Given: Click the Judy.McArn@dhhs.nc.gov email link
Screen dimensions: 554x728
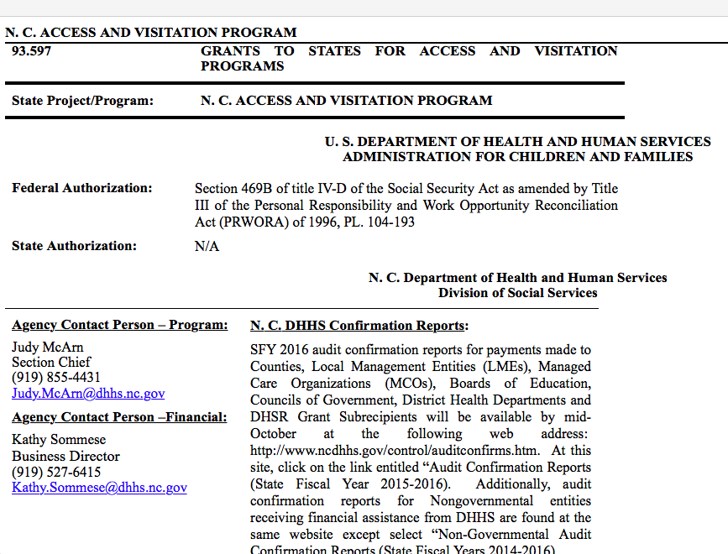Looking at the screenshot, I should click(x=88, y=393).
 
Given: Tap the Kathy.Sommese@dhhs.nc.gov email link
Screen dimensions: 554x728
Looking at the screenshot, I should click(x=99, y=487).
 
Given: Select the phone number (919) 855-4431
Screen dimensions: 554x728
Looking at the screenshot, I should click(x=56, y=378).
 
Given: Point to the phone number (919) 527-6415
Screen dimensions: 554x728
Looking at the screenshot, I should click(x=56, y=472).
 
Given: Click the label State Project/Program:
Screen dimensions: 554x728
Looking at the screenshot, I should click(x=82, y=101).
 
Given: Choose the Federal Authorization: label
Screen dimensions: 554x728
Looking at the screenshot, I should click(x=82, y=188).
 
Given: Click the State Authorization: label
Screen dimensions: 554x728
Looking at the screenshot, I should click(x=74, y=246).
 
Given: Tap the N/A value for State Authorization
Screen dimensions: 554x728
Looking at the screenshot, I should click(x=207, y=247).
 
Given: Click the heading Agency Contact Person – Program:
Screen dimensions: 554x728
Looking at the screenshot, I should click(x=120, y=325).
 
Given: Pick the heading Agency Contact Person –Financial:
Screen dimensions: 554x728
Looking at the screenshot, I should click(x=119, y=417).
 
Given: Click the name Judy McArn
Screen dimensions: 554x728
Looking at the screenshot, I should click(x=48, y=347).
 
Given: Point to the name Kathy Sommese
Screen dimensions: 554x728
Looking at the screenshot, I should click(x=58, y=440).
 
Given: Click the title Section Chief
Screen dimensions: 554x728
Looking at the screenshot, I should click(x=51, y=362).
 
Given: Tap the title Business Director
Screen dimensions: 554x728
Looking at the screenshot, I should click(x=65, y=456).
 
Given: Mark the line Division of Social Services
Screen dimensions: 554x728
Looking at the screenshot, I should click(x=517, y=293).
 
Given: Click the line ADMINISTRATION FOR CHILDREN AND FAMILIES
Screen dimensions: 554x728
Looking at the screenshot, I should click(x=517, y=157).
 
